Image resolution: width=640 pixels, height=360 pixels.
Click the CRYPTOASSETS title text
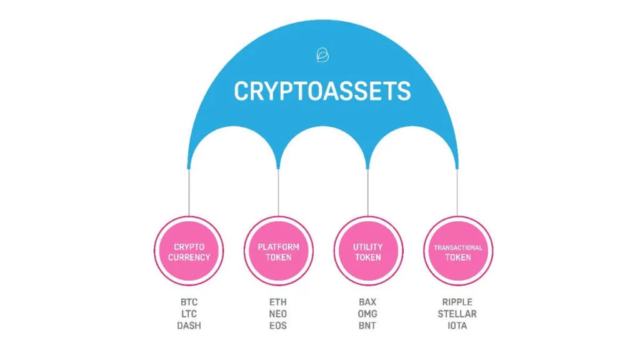[x=322, y=91]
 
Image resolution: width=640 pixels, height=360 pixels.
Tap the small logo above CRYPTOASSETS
[x=322, y=56]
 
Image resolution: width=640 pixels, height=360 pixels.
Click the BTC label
[x=189, y=301]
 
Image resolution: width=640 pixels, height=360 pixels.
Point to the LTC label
[x=189, y=313]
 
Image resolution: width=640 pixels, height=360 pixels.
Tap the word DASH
[x=189, y=326]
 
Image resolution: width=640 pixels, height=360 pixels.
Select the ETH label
[x=278, y=301]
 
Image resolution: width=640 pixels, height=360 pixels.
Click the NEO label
[x=278, y=313]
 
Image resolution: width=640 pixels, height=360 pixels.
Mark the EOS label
[x=278, y=326]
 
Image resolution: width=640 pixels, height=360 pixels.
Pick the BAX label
[x=367, y=301]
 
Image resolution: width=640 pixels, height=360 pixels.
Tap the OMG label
[x=367, y=313]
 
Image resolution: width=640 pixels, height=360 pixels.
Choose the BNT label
[x=367, y=326]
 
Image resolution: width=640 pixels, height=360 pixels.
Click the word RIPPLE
[x=457, y=301]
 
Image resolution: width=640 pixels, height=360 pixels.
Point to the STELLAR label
[x=457, y=313]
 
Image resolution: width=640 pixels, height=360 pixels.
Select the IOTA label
[x=457, y=326]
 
